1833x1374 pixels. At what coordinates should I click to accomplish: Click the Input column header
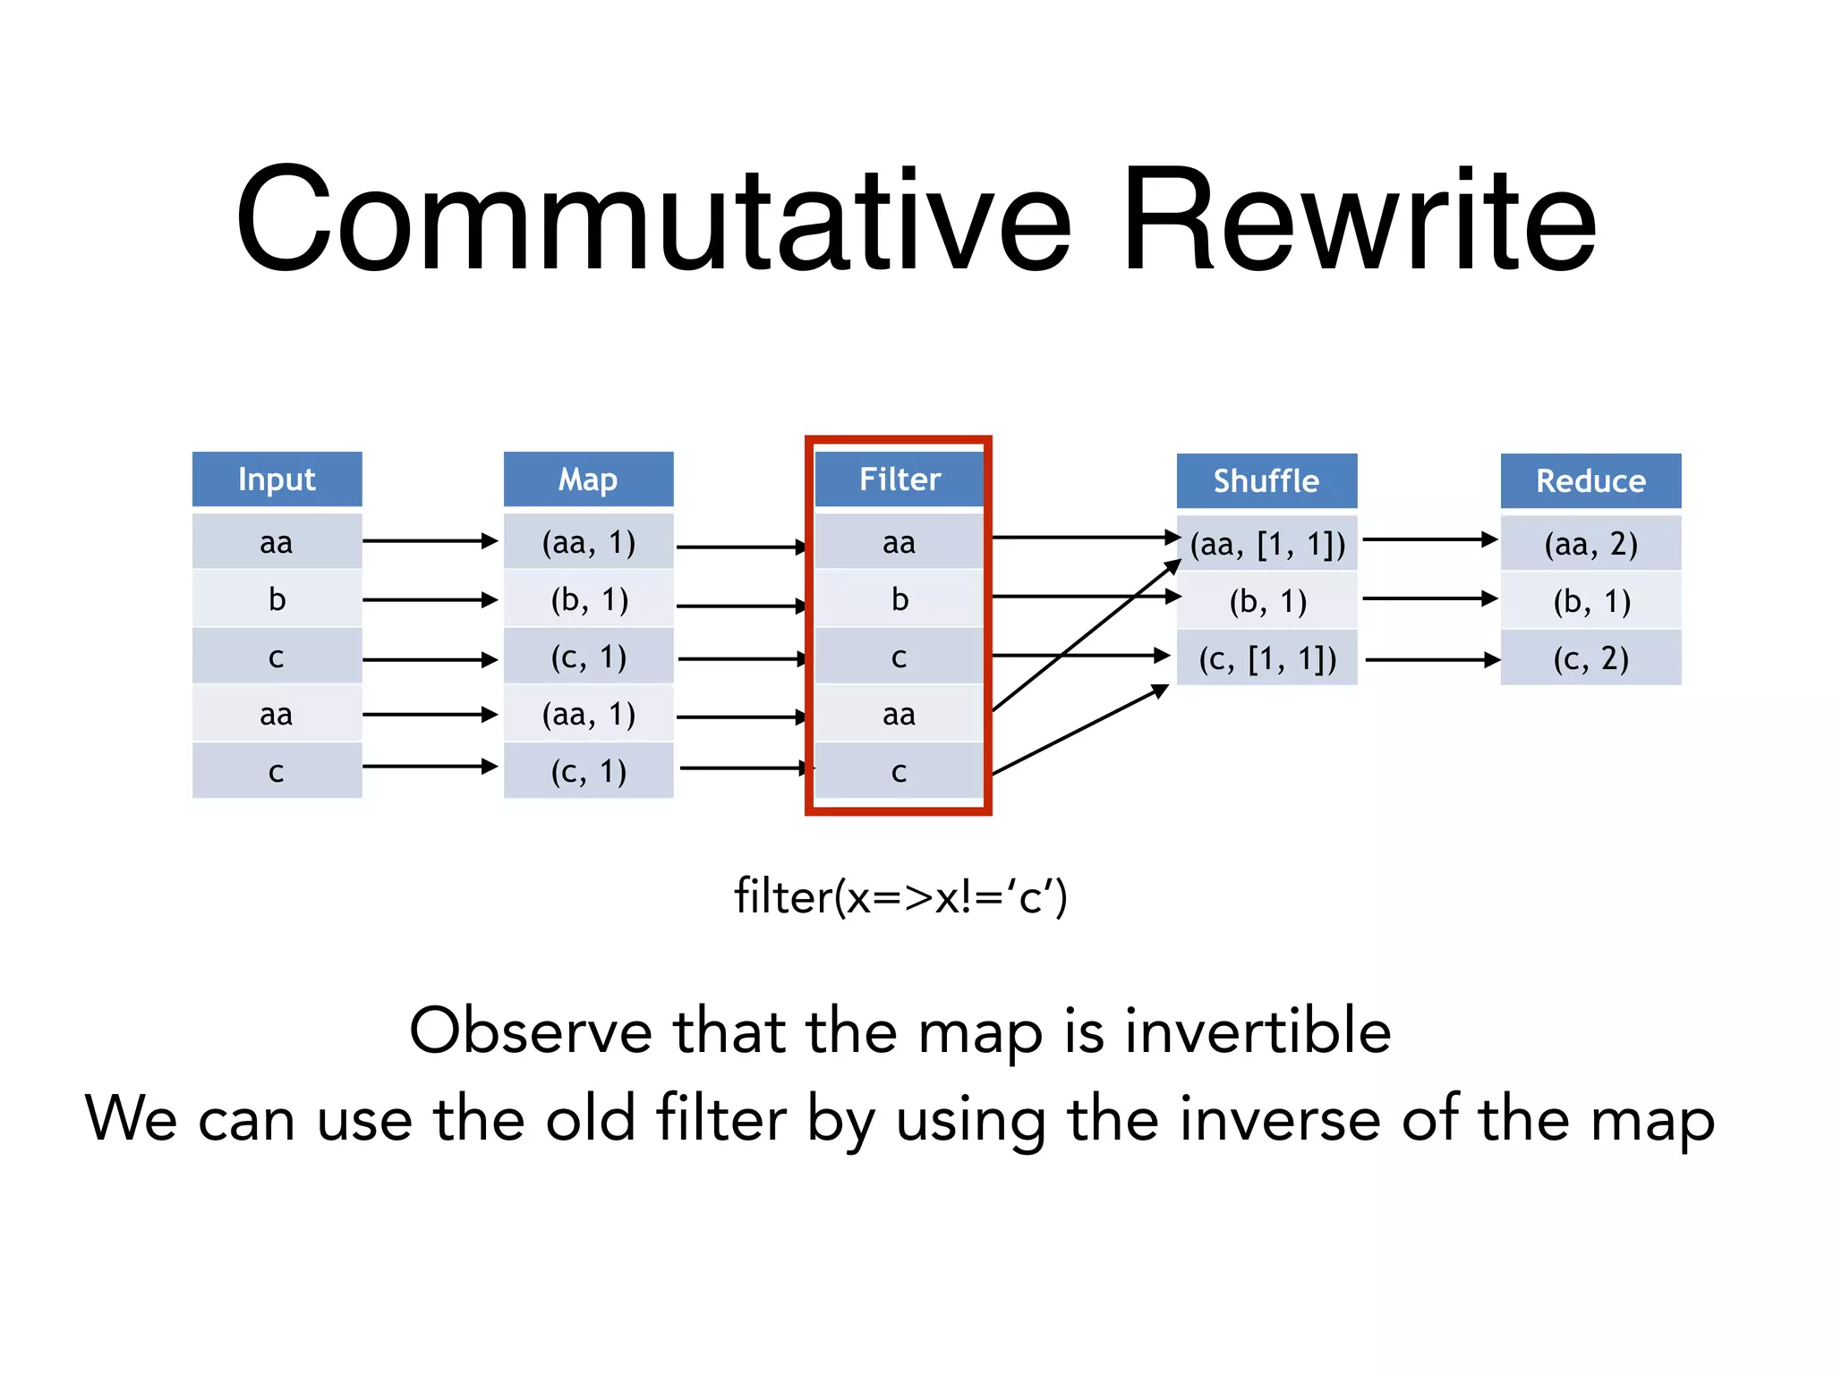tap(277, 479)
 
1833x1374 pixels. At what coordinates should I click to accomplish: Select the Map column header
tap(588, 479)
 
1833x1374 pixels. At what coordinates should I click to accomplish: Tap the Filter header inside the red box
tap(899, 479)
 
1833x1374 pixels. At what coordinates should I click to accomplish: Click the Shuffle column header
tap(1266, 481)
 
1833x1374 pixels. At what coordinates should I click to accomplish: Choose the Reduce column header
tap(1590, 481)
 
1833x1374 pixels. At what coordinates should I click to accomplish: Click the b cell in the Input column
tap(277, 599)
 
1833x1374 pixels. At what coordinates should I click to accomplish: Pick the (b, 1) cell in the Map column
tap(588, 599)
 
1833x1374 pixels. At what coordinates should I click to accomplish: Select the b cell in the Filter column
tap(899, 599)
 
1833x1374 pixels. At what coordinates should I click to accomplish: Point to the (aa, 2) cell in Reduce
tap(1590, 544)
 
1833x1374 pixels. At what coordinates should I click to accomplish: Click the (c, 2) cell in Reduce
tap(1590, 658)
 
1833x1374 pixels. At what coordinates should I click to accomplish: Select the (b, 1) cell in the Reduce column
tap(1590, 601)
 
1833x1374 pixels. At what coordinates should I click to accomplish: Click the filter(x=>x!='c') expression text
tap(900, 896)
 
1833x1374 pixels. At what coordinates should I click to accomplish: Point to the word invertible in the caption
tap(1258, 1030)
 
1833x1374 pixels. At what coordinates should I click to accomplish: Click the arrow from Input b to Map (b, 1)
tap(430, 599)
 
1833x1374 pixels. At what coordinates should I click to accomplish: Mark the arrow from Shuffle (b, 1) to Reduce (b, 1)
tap(1428, 598)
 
